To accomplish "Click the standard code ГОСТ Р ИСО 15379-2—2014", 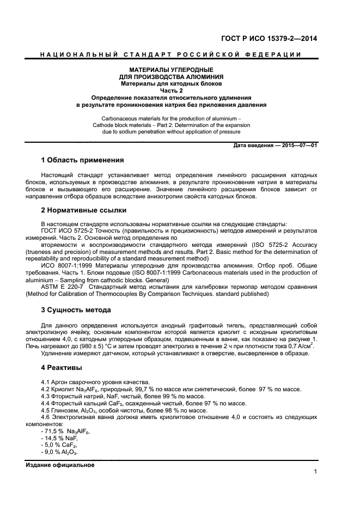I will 269,39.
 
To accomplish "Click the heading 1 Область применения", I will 82,160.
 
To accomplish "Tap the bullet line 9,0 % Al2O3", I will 61,452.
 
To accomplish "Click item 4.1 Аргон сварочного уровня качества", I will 95,382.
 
